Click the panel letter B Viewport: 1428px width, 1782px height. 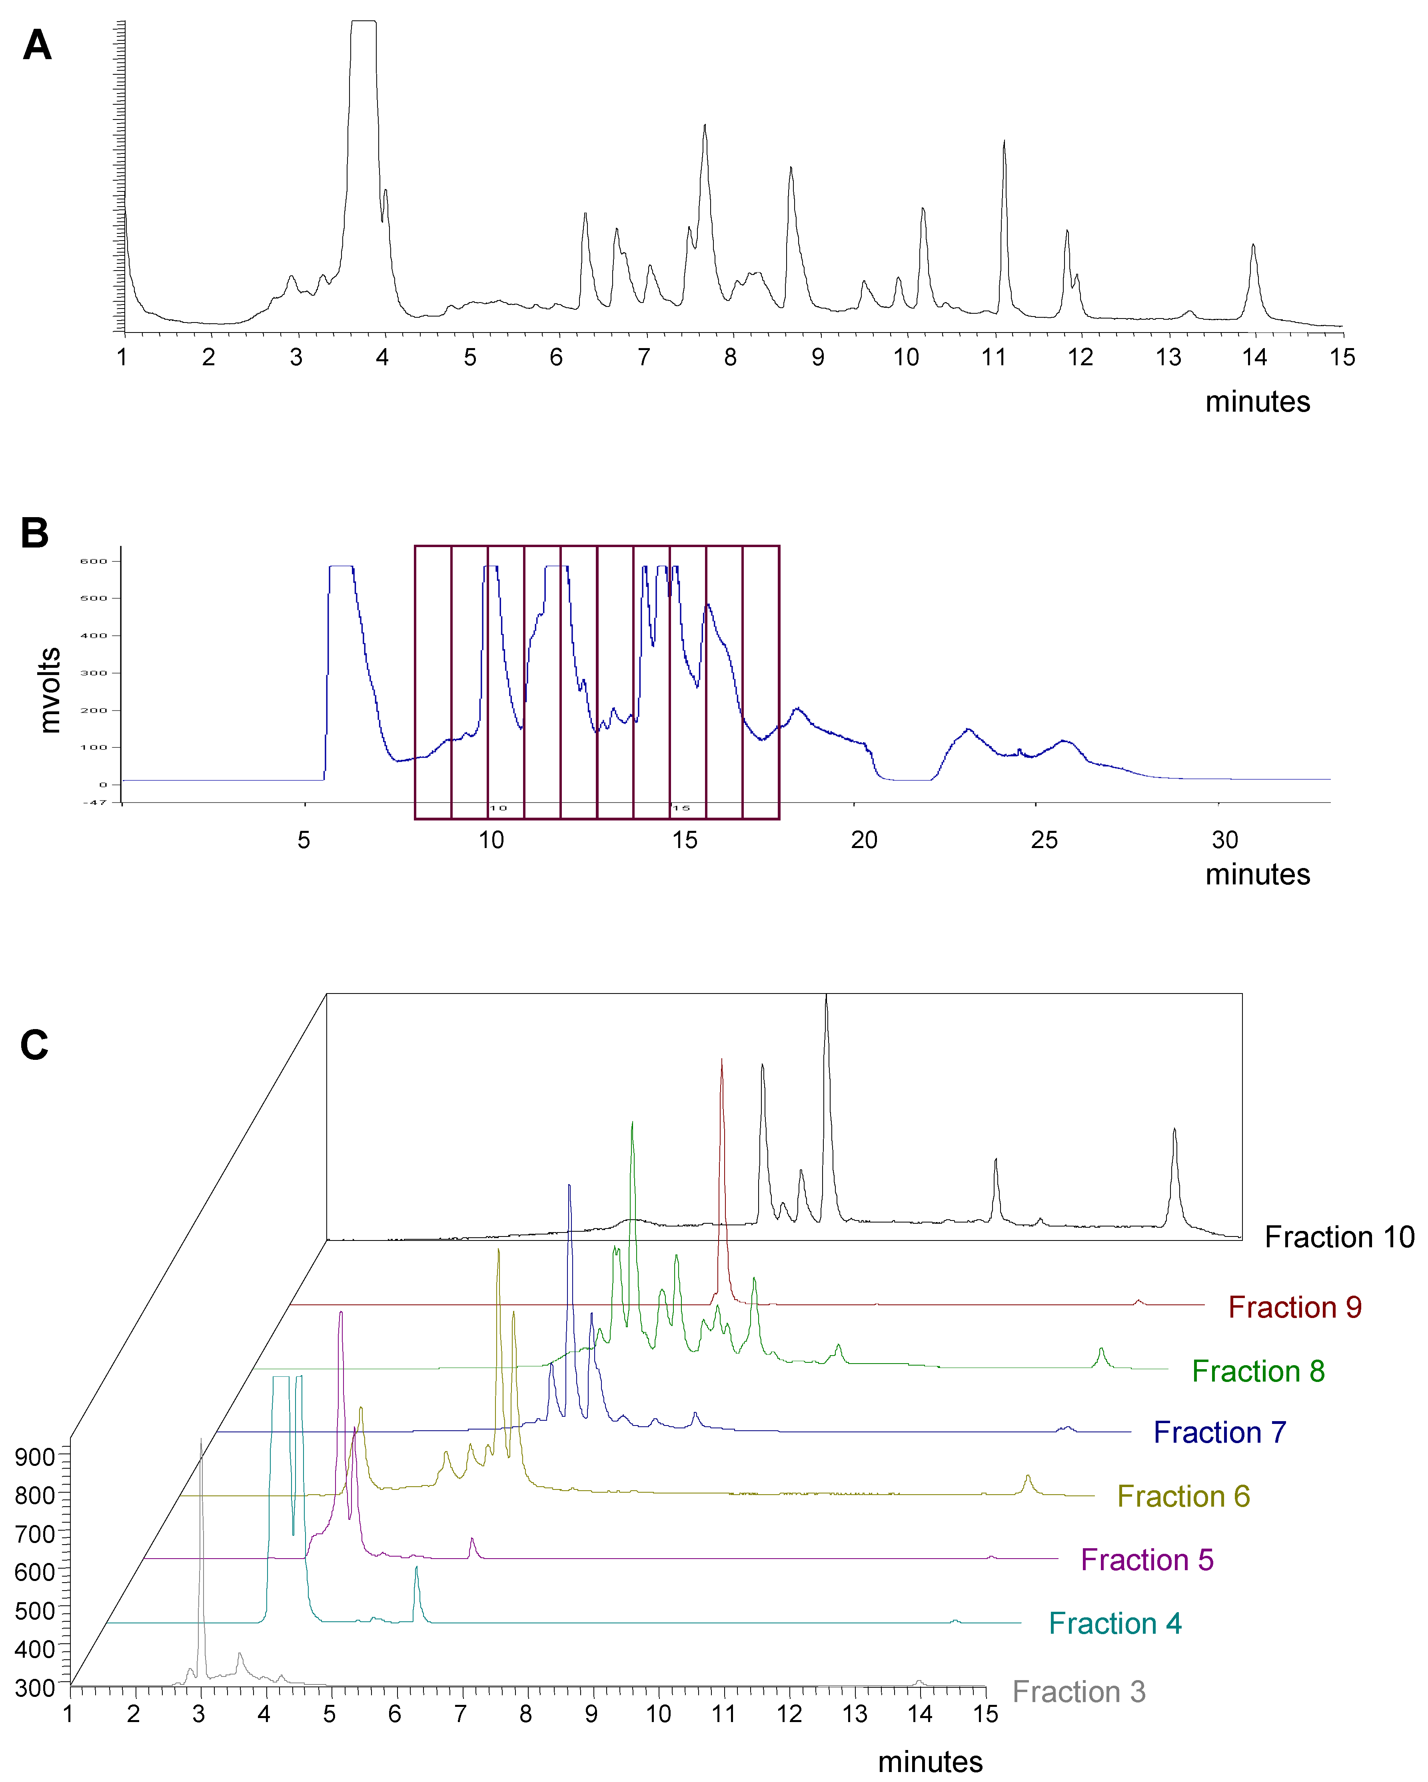(x=35, y=533)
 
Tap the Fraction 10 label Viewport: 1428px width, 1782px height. (x=1339, y=1237)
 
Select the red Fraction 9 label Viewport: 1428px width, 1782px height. (x=1294, y=1308)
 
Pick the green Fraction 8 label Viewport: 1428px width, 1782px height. (x=1258, y=1371)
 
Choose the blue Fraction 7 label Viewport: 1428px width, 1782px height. (x=1220, y=1432)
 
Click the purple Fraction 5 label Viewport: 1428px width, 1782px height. (x=1147, y=1560)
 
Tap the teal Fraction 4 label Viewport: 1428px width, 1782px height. (x=1114, y=1623)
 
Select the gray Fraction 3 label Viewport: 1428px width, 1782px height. (x=1078, y=1692)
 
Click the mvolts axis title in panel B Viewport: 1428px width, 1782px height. (x=50, y=690)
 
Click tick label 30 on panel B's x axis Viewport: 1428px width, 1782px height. (x=1224, y=840)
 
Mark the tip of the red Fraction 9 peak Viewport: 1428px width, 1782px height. (x=722, y=1059)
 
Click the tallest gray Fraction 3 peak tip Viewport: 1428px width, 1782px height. (x=201, y=1440)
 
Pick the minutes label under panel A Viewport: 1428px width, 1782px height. (x=1257, y=402)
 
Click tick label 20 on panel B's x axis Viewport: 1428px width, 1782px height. (x=864, y=840)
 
